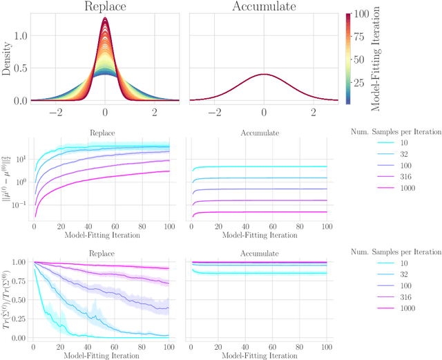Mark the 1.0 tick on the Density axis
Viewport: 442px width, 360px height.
(21, 35)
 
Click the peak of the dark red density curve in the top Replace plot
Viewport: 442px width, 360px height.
(105, 19)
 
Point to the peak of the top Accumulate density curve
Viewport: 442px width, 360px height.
(263, 74)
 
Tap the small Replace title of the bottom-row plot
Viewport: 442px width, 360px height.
(105, 254)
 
